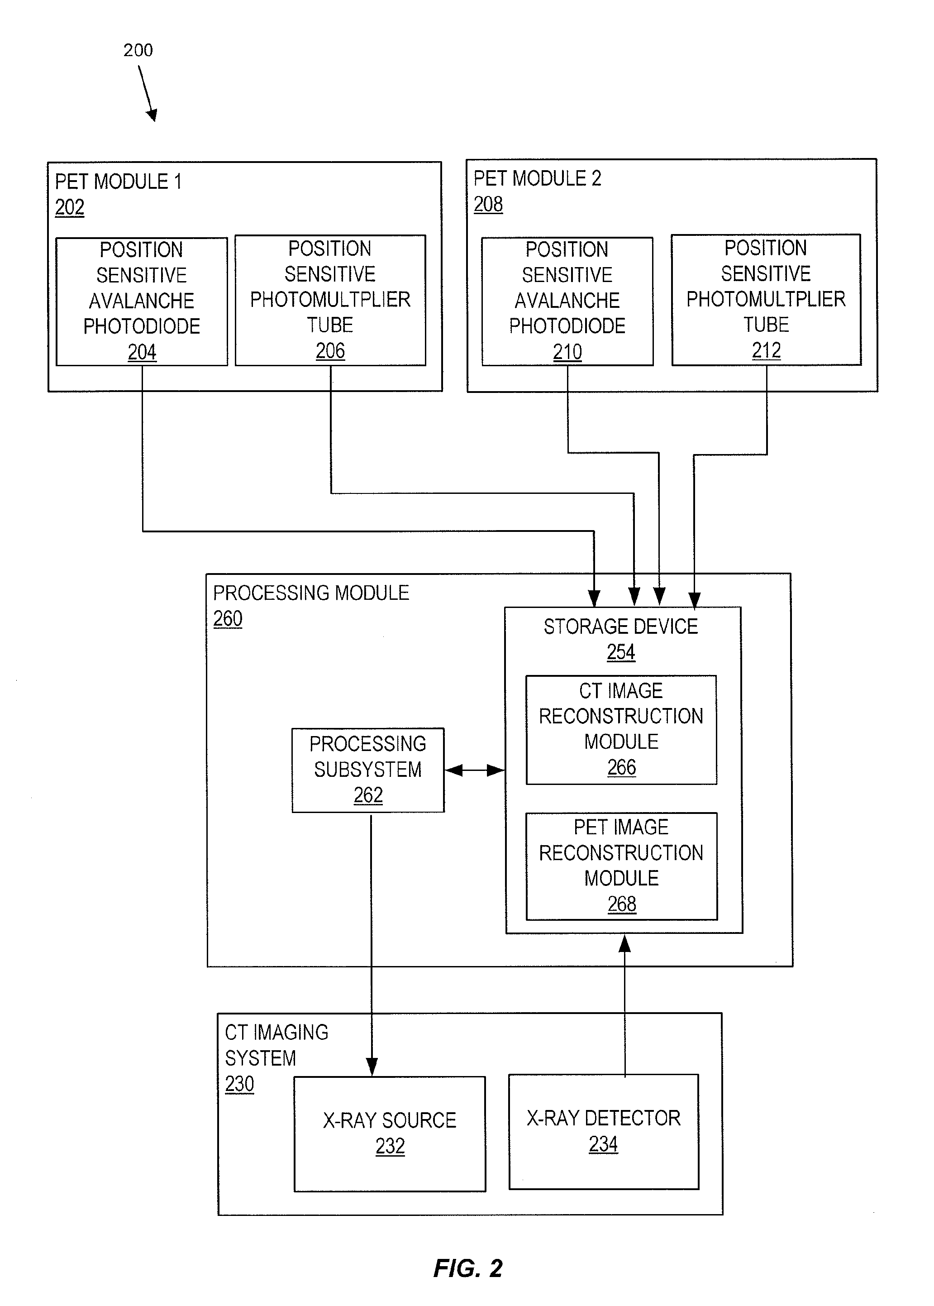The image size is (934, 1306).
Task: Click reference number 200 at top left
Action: click(138, 50)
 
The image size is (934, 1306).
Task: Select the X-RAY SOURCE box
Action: click(389, 1134)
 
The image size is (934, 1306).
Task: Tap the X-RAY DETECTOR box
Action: click(603, 1131)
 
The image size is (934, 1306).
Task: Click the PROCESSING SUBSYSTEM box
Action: click(368, 770)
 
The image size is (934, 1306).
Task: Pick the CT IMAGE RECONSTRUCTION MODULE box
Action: click(621, 730)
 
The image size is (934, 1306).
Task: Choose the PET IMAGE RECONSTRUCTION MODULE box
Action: click(621, 866)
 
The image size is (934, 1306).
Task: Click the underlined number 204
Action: click(142, 352)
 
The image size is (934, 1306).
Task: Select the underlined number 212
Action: click(766, 350)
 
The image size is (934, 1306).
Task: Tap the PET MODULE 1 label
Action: click(119, 182)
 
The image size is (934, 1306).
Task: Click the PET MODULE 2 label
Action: click(537, 179)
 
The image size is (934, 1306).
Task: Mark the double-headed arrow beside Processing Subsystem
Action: click(475, 770)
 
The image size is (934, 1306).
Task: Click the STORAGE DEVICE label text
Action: click(620, 627)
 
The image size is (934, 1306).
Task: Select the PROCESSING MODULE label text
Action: click(311, 593)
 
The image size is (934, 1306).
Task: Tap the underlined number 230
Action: click(239, 1084)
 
